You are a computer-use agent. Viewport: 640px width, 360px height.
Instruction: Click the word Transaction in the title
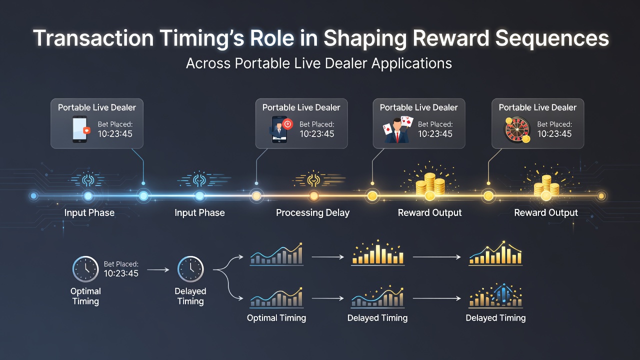(93, 38)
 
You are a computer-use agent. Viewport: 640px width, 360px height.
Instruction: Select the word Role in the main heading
(272, 38)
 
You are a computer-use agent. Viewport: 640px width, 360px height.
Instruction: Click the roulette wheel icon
(517, 130)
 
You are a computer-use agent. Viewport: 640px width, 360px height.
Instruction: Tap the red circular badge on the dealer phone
(287, 124)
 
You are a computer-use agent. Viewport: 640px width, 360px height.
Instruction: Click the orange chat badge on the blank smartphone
(86, 130)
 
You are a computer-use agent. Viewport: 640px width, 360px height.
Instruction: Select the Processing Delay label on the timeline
(313, 213)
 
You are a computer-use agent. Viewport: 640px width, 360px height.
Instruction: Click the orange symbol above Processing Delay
(313, 179)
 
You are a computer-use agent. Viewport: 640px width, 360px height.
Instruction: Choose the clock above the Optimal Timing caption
(85, 269)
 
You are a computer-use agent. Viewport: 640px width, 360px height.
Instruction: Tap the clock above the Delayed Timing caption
(190, 269)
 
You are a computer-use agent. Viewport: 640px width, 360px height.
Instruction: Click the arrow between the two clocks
(158, 269)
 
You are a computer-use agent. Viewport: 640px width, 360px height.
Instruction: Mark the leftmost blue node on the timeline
(33, 196)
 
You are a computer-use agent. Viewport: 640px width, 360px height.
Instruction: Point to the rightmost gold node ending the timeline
(601, 196)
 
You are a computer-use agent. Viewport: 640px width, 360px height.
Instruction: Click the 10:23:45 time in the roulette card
(554, 133)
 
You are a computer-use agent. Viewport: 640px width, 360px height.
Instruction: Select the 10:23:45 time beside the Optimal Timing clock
(121, 273)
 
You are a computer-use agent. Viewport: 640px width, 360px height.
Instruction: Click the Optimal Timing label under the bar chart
(276, 318)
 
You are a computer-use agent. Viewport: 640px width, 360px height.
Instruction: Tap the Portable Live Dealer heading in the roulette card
(537, 107)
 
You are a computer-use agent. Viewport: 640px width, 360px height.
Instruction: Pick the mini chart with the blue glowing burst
(495, 296)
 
